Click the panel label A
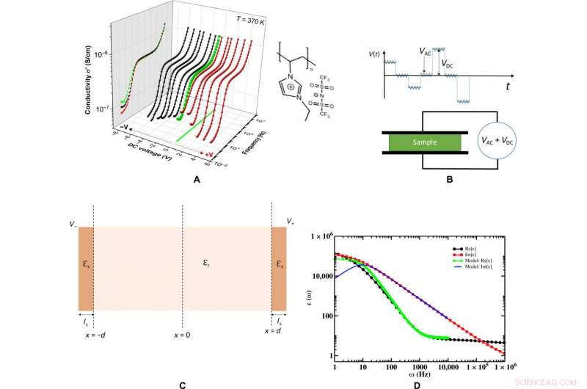(x=195, y=178)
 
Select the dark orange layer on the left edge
(x=86, y=268)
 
